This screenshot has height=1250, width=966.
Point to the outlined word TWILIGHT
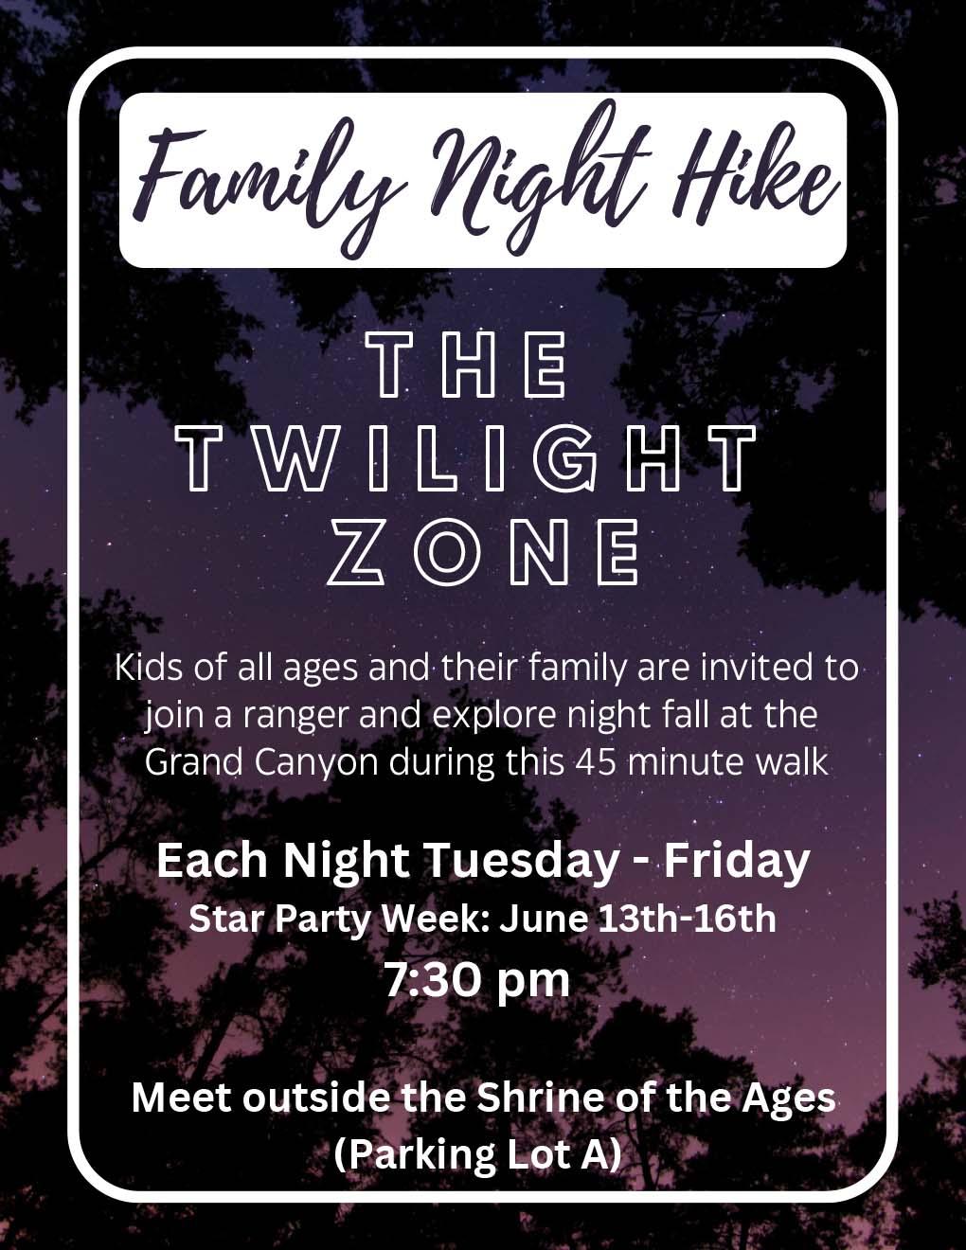coord(466,459)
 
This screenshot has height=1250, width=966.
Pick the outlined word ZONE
coord(483,552)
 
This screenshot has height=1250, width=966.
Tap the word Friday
coord(737,861)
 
